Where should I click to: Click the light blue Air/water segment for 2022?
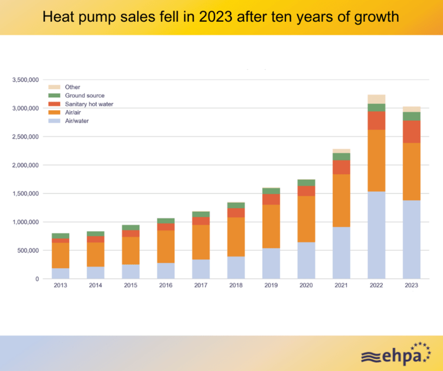click(376, 235)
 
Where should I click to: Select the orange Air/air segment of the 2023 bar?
click(411, 172)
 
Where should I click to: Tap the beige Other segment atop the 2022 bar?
click(376, 99)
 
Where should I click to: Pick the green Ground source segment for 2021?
click(341, 156)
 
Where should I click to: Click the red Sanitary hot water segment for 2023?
click(411, 132)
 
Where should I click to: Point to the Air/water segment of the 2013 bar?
click(60, 273)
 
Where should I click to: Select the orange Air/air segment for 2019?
click(271, 226)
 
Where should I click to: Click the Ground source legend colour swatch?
click(54, 96)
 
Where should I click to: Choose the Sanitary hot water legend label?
click(89, 104)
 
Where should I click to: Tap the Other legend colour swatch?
click(54, 87)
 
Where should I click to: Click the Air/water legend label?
click(77, 120)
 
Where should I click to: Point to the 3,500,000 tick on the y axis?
click(25, 80)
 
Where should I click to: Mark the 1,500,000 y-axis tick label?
click(25, 193)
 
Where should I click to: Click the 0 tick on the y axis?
click(37, 279)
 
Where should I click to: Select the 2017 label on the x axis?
click(201, 285)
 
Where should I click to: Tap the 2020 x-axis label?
click(306, 285)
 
